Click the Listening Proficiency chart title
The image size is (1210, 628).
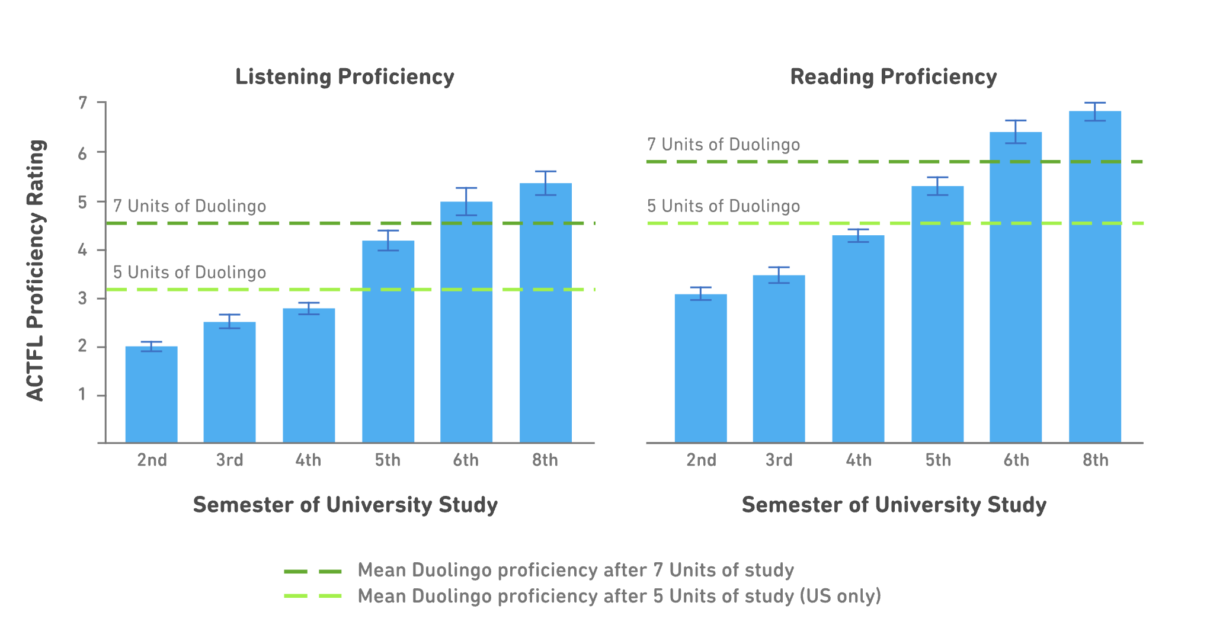pos(344,77)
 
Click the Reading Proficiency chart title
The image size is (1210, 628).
pos(893,77)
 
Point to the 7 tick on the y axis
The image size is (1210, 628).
pos(83,103)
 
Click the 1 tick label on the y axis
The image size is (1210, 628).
pos(83,395)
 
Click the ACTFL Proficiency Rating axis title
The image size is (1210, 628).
pos(36,270)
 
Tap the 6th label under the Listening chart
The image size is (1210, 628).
pos(466,460)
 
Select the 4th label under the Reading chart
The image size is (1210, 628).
pos(858,460)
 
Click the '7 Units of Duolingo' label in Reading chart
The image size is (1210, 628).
pos(723,145)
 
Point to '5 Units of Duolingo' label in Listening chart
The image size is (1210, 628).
pos(190,273)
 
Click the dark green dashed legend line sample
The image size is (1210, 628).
pos(313,571)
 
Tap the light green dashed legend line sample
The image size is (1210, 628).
pos(313,596)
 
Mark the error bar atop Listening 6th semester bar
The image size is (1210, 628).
pos(466,201)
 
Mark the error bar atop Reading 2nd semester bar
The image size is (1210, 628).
pos(700,293)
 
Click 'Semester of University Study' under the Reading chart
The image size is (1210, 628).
pos(894,505)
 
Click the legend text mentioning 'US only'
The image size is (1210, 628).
pos(619,596)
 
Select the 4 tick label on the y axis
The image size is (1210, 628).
pos(83,250)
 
